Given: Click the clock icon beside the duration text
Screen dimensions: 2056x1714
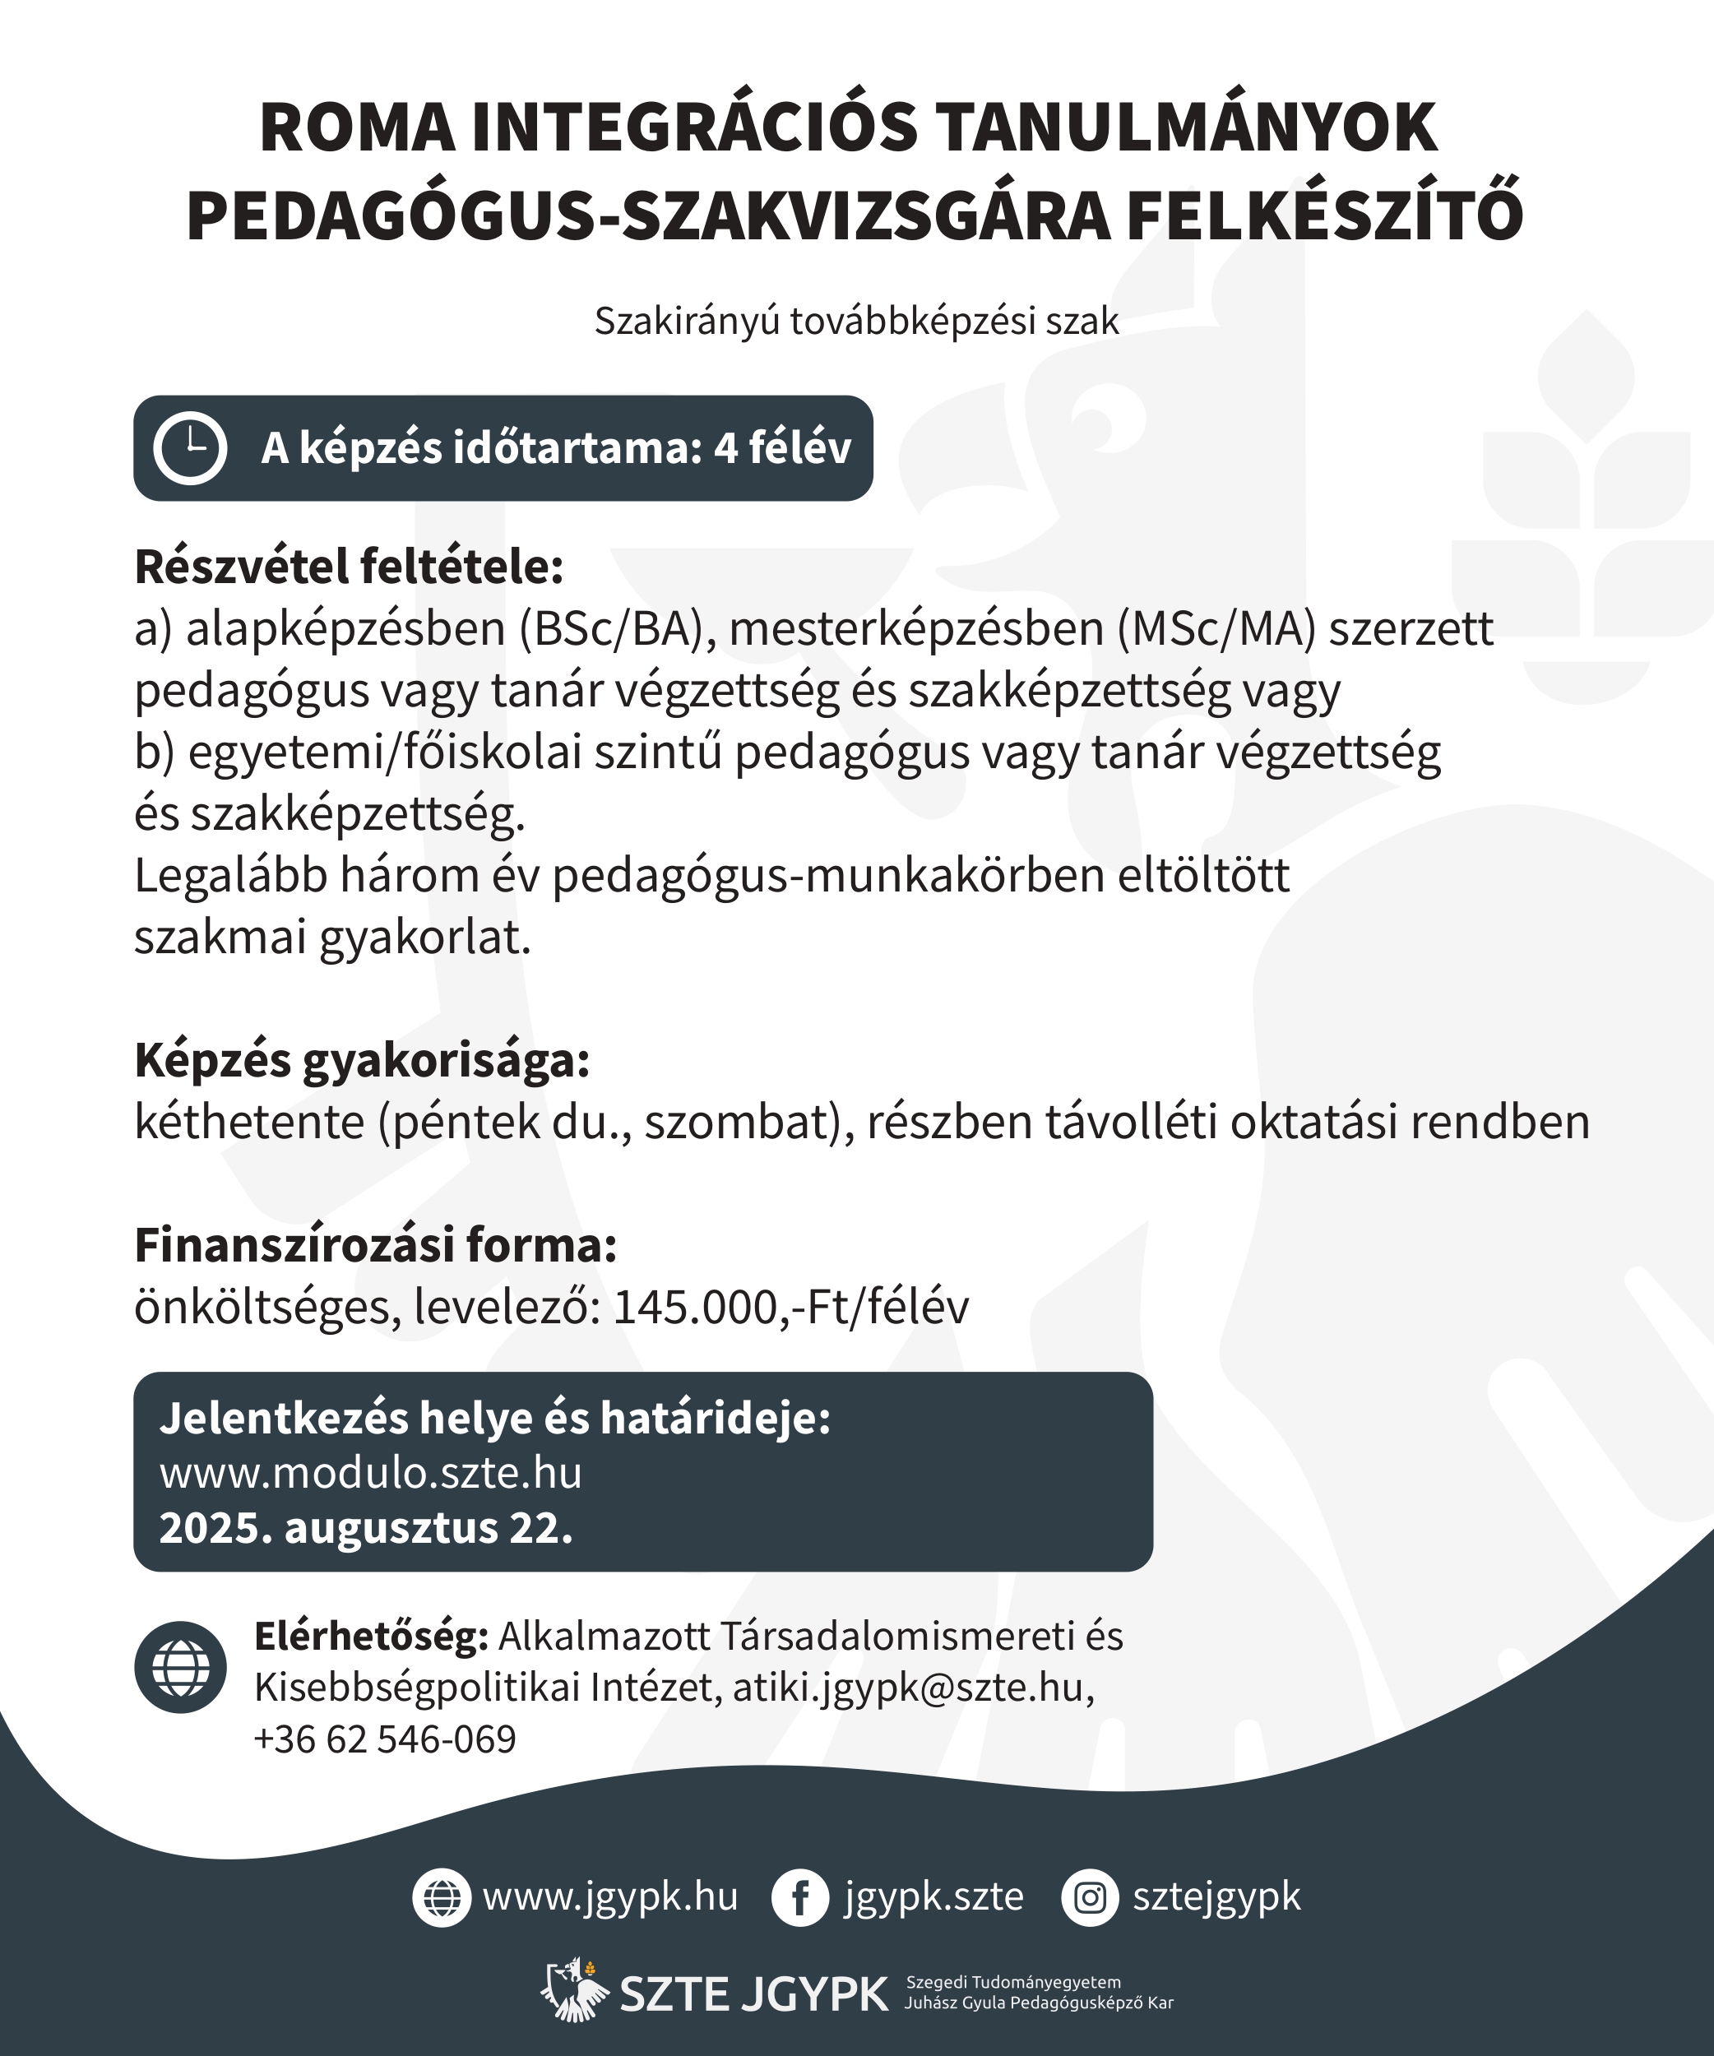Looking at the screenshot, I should pyautogui.click(x=190, y=447).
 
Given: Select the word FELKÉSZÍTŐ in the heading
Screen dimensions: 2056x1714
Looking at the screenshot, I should pyautogui.click(x=1324, y=216).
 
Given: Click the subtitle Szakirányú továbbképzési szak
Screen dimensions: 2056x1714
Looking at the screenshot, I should pyautogui.click(x=856, y=321).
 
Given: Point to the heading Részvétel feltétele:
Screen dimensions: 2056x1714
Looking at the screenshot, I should pyautogui.click(x=350, y=567).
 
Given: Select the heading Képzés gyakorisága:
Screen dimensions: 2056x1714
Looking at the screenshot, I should pyautogui.click(x=362, y=1060).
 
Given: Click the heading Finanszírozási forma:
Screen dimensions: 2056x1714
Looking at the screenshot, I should pyautogui.click(x=376, y=1245).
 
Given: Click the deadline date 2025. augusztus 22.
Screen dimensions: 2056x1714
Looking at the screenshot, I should pyautogui.click(x=366, y=1528).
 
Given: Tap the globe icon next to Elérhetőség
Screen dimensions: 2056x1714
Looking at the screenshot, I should pyautogui.click(x=181, y=1667).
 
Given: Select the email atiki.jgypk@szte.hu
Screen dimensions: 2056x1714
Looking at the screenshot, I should pyautogui.click(x=907, y=1688).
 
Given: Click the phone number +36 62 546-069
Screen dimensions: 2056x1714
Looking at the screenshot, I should pyautogui.click(x=385, y=1739).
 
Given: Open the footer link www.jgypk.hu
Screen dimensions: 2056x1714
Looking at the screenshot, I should pyautogui.click(x=609, y=1897).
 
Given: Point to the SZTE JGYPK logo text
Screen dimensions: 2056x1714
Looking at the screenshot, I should pyautogui.click(x=753, y=1994).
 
